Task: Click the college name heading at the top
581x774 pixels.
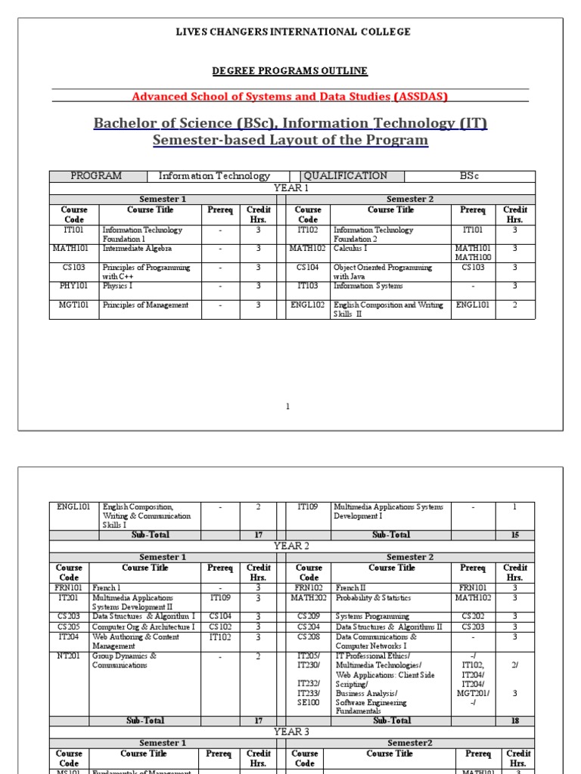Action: (294, 32)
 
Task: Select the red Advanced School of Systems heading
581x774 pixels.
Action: (290, 97)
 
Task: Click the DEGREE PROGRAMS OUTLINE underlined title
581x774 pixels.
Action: (290, 71)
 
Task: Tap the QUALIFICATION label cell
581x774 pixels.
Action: (345, 176)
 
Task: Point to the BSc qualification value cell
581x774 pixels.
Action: (470, 176)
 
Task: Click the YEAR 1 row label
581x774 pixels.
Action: (291, 187)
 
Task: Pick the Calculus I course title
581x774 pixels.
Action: (350, 248)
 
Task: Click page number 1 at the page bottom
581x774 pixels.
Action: (287, 407)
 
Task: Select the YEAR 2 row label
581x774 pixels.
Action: (291, 545)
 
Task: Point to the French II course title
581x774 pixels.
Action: (353, 586)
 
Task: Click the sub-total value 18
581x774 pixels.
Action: (515, 721)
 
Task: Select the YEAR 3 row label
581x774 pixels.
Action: (291, 732)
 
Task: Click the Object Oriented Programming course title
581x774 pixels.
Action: (383, 268)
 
